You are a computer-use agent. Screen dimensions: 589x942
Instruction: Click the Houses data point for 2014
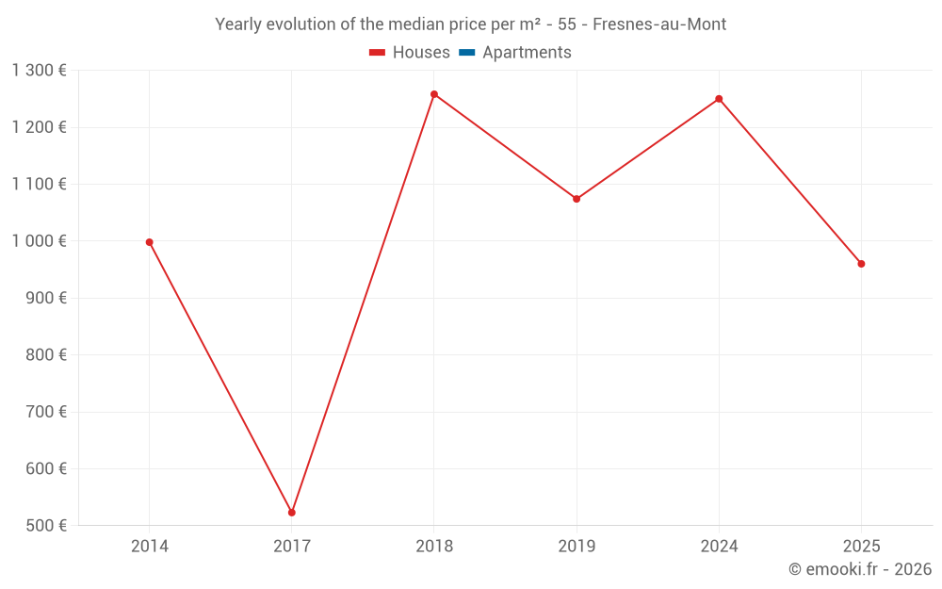(150, 242)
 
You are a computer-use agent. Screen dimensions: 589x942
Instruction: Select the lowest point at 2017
(292, 513)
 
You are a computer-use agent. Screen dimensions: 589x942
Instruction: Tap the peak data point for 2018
(434, 94)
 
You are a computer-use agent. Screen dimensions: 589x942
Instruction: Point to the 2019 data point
(577, 199)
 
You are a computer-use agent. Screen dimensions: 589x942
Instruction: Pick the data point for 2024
(719, 99)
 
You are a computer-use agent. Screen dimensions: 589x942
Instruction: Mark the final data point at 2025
(861, 264)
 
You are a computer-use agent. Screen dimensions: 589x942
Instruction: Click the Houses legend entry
(410, 53)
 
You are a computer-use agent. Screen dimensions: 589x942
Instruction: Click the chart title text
(470, 25)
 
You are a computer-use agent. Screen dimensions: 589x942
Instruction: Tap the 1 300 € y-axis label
(40, 71)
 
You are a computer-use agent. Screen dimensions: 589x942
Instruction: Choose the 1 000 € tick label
(40, 241)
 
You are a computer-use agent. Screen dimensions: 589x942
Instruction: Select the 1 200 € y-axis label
(40, 127)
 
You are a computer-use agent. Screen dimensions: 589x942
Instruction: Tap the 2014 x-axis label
(150, 547)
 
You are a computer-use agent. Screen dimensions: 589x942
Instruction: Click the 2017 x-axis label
(292, 547)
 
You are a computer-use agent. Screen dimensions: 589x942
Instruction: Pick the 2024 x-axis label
(719, 547)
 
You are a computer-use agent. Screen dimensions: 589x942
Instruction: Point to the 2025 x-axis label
(861, 547)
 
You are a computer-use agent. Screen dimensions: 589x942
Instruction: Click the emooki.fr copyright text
(859, 569)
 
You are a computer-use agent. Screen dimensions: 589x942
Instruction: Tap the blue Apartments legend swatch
(466, 53)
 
